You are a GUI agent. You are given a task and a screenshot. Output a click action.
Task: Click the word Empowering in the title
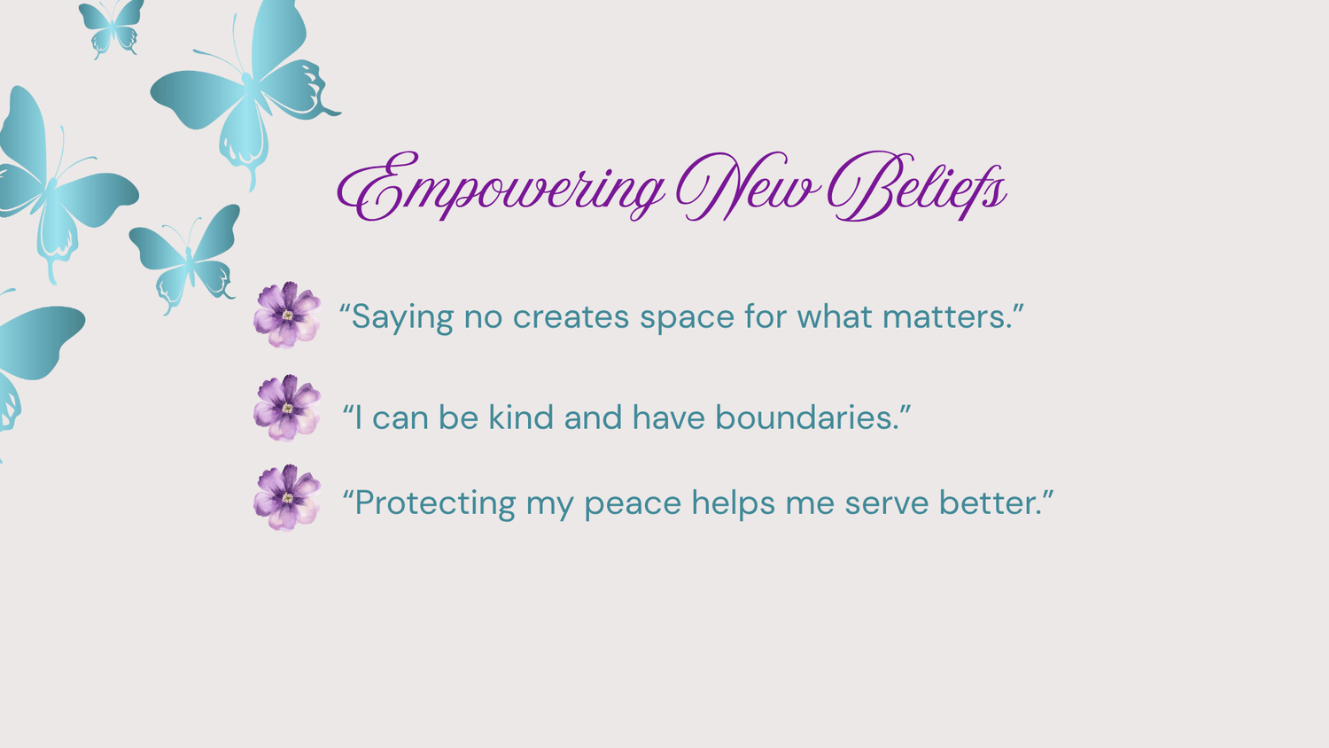point(501,187)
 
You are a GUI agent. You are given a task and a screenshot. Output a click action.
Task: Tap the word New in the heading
point(749,185)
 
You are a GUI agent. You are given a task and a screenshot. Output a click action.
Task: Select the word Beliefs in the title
point(917,185)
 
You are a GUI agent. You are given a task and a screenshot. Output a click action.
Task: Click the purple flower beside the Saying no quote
point(287,315)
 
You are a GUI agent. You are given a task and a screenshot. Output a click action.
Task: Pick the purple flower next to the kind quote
point(287,408)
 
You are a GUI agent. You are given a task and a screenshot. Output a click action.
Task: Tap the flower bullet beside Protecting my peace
point(287,497)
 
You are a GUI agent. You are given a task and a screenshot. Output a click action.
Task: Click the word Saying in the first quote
point(403,317)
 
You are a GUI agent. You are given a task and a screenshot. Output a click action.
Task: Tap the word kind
point(521,417)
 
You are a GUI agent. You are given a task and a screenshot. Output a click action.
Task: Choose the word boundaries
point(807,417)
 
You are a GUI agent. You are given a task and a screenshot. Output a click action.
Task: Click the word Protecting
point(435,503)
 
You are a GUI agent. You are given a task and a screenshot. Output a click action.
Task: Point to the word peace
point(633,505)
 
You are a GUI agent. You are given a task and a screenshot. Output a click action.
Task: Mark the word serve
point(886,504)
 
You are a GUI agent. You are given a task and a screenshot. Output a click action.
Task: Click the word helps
point(734,503)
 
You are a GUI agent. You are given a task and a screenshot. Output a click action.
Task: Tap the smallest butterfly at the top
point(112,28)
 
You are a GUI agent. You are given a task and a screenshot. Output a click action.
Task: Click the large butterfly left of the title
point(245,89)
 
